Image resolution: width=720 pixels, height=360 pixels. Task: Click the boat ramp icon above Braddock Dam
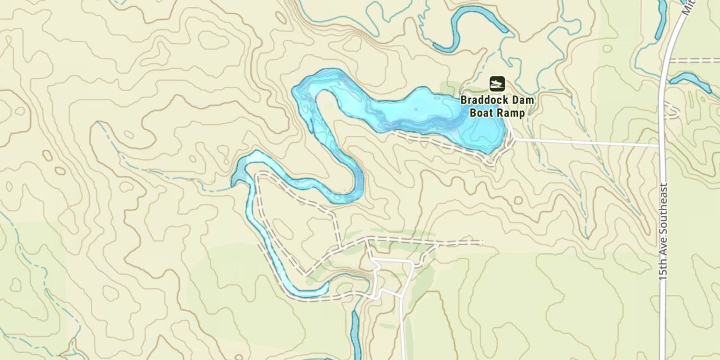497,84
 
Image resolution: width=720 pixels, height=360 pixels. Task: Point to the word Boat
480,113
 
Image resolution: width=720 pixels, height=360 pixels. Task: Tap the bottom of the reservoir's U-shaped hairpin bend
346,197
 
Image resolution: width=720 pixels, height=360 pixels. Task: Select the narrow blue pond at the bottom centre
355,331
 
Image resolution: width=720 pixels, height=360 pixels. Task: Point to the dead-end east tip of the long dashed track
480,241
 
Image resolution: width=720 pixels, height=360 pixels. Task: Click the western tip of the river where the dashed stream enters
234,182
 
